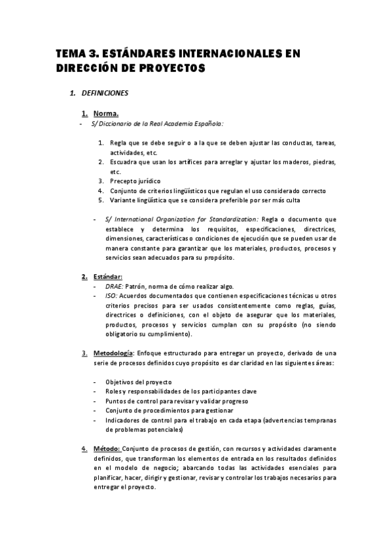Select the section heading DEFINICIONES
[x=105, y=94]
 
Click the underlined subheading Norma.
[x=106, y=113]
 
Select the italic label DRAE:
[x=114, y=287]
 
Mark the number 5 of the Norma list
[x=100, y=200]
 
